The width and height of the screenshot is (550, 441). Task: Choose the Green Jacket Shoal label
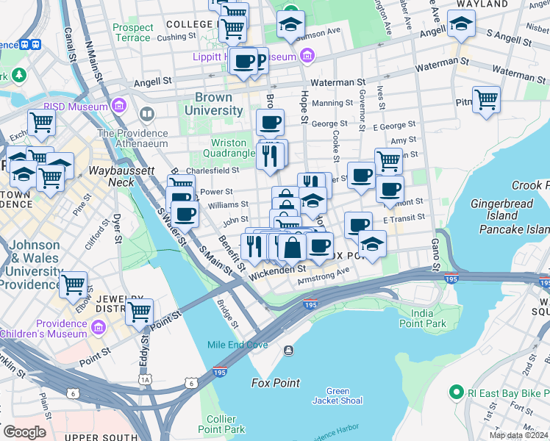tap(337, 395)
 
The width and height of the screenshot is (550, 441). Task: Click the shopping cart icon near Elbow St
tap(74, 284)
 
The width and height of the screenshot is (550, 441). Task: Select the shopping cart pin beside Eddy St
tap(139, 311)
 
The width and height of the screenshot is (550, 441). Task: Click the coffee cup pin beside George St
tap(270, 121)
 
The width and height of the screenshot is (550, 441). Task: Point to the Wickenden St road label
tap(276, 270)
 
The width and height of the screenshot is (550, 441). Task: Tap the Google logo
tap(24, 432)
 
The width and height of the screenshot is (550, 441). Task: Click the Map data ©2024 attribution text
tap(518, 435)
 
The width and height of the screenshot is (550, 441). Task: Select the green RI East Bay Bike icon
tap(456, 392)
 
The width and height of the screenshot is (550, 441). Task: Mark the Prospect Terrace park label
tap(132, 32)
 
